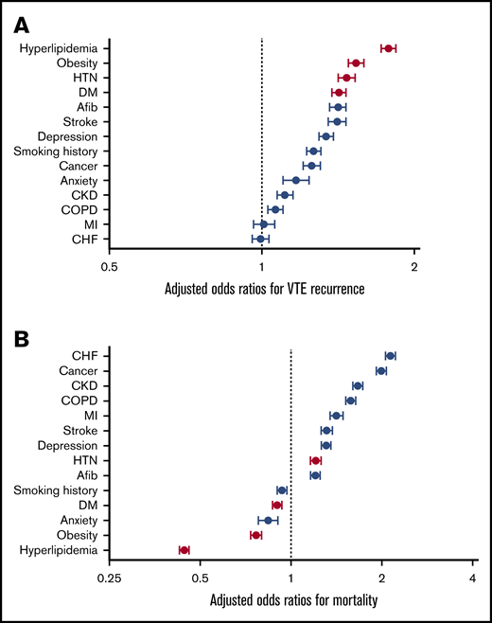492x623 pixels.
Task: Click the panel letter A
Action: pyautogui.click(x=18, y=20)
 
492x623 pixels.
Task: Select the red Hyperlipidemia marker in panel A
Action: pyautogui.click(x=388, y=47)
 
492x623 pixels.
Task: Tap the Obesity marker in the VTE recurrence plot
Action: pyautogui.click(x=356, y=62)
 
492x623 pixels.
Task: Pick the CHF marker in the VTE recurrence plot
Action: pyautogui.click(x=260, y=239)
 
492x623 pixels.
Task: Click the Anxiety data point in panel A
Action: pyautogui.click(x=295, y=180)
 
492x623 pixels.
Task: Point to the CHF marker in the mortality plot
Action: pyautogui.click(x=390, y=356)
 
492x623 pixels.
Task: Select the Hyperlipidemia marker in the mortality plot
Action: pyautogui.click(x=184, y=550)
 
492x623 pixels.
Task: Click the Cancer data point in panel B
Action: pyautogui.click(x=380, y=371)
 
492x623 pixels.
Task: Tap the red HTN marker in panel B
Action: pyautogui.click(x=315, y=460)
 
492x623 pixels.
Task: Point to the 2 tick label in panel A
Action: pyautogui.click(x=414, y=267)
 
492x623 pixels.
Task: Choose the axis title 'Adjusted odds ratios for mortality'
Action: pyautogui.click(x=290, y=600)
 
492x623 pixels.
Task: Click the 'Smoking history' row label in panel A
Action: pyautogui.click(x=60, y=151)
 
